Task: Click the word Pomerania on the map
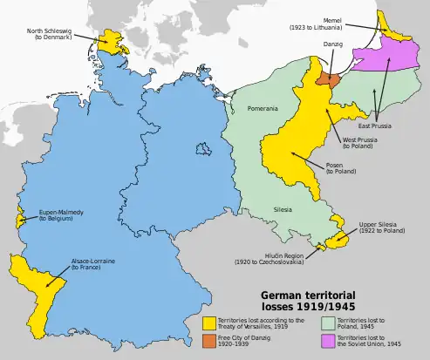[263, 108]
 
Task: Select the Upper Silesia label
[380, 228]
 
